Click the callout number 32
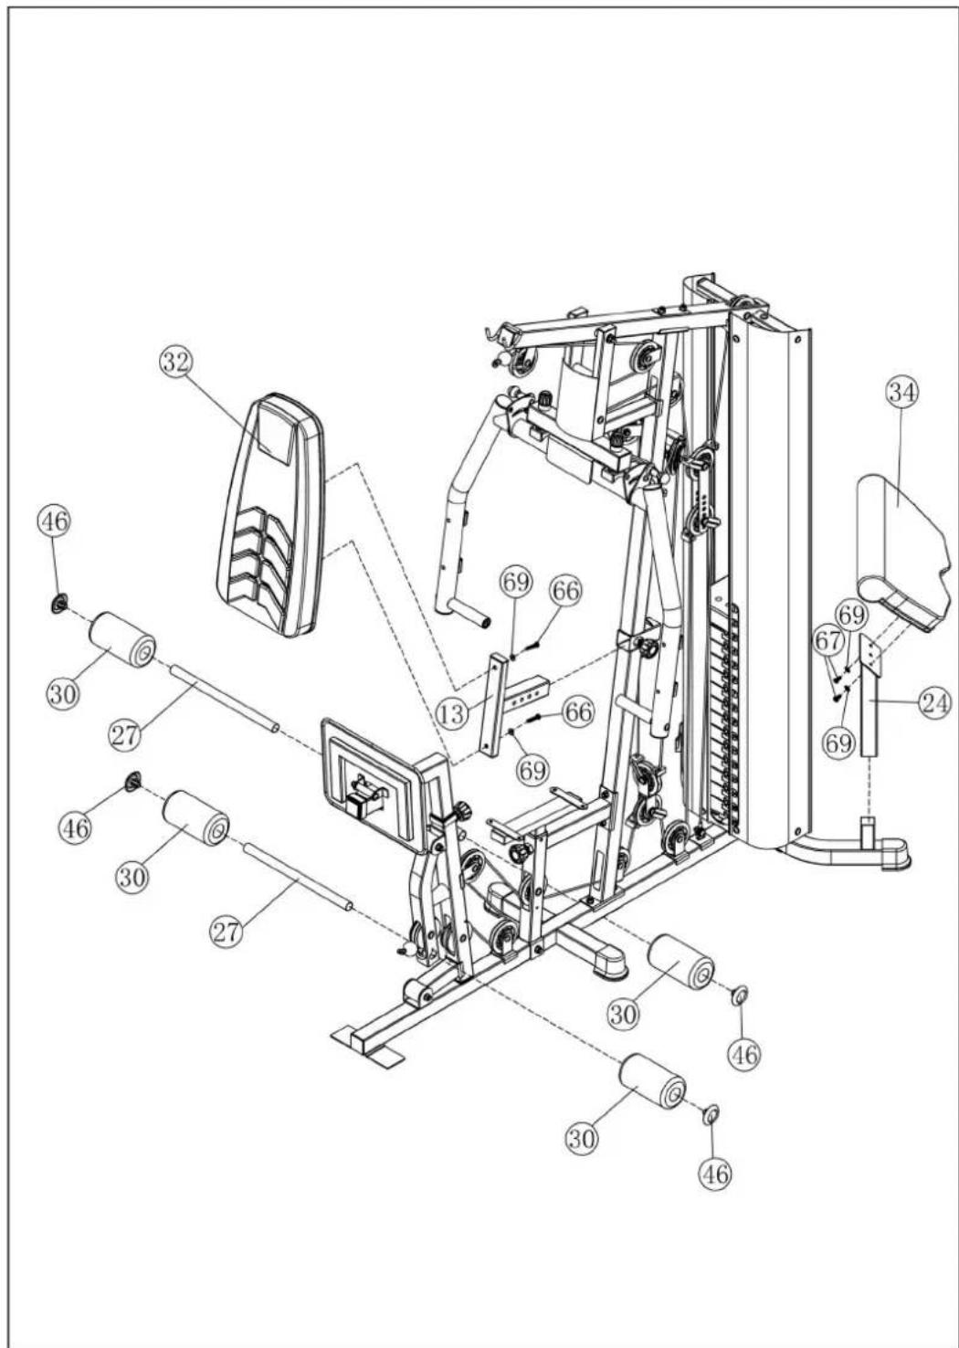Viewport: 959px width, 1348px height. pos(176,363)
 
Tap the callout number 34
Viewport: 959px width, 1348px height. pos(903,393)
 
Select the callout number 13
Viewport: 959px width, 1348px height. pos(452,714)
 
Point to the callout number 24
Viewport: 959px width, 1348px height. pos(934,703)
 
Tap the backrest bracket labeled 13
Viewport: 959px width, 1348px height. pos(511,705)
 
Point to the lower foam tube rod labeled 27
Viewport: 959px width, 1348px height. pos(298,877)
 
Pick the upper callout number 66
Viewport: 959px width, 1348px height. pos(566,591)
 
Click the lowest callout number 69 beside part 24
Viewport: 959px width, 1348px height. pos(838,743)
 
